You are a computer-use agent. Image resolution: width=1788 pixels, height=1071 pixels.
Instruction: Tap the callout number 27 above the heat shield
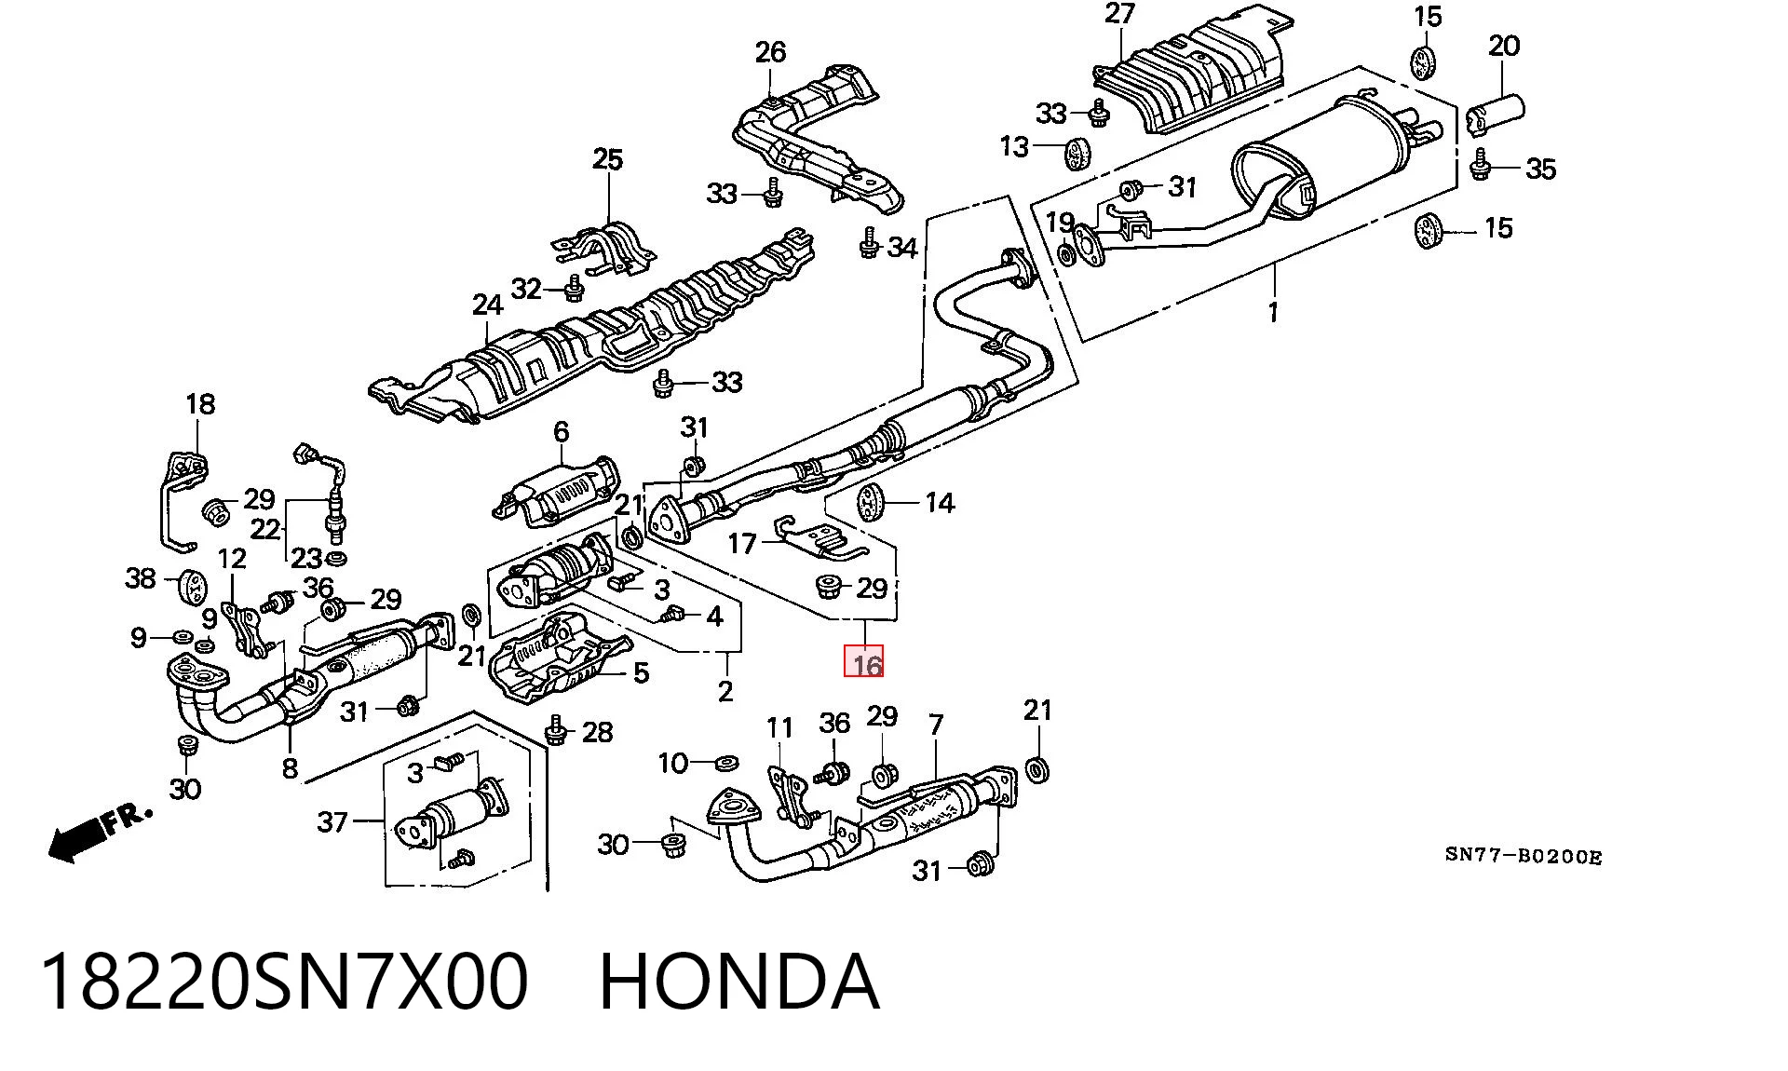pos(1119,14)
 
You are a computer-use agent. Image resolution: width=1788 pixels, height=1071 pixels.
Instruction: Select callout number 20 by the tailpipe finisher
pos(1504,46)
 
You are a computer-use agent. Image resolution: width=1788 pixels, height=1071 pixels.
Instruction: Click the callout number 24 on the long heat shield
pos(487,305)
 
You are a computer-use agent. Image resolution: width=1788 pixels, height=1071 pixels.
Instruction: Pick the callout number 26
pos(770,52)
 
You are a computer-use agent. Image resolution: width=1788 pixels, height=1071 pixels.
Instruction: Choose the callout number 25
pos(607,159)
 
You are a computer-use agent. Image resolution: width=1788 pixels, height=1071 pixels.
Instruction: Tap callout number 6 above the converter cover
pos(561,431)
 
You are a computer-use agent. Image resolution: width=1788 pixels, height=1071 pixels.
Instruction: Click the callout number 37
pos(332,821)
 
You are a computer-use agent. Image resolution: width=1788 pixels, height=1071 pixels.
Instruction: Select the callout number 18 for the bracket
pos(200,403)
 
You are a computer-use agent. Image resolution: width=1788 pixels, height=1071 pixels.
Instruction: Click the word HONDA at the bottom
pos(738,982)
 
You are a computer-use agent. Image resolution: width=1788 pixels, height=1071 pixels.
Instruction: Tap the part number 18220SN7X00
pos(284,982)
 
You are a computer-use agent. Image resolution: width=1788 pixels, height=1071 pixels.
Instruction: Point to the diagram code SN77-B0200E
pos(1524,856)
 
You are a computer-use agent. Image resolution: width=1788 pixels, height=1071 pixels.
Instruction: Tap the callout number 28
pos(597,732)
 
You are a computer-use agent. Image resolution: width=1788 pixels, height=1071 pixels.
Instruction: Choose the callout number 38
pos(141,578)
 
